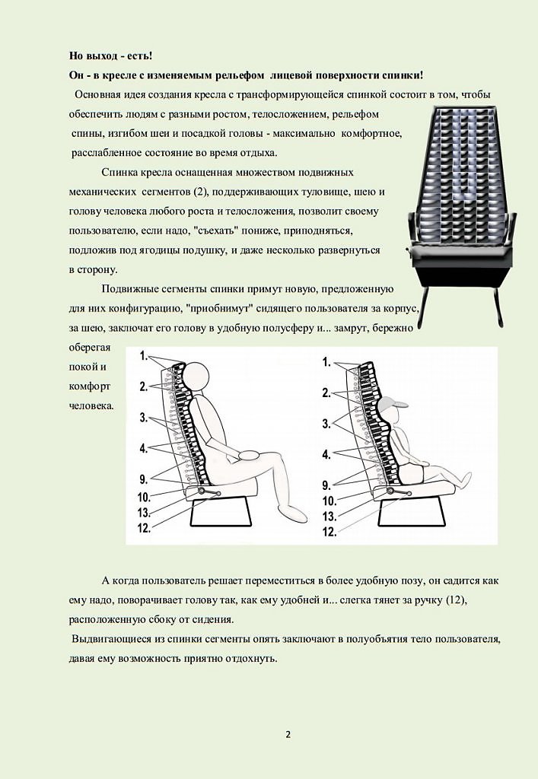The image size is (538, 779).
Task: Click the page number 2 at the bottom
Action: pyautogui.click(x=288, y=734)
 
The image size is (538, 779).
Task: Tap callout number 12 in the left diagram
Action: pyautogui.click(x=145, y=527)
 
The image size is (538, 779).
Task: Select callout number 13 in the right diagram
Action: pyautogui.click(x=329, y=516)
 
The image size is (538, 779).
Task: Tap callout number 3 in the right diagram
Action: pyautogui.click(x=326, y=423)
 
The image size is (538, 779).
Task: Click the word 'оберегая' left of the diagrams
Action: pyautogui.click(x=90, y=348)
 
